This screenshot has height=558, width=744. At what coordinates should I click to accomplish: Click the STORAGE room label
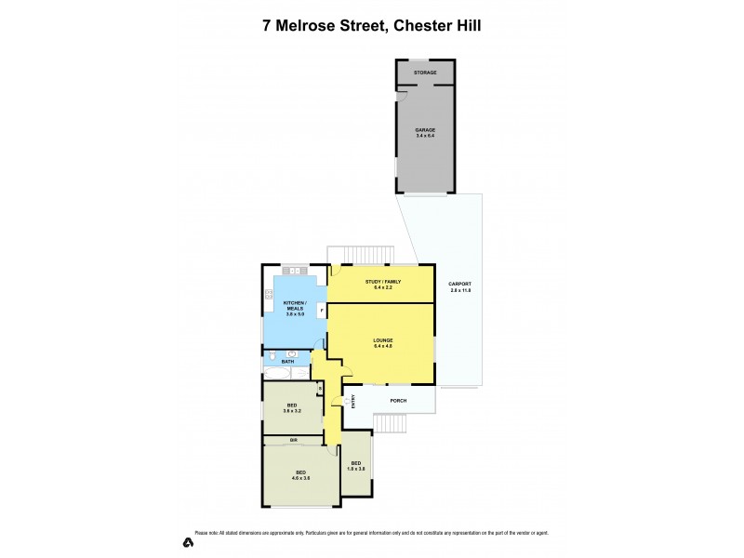pyautogui.click(x=425, y=72)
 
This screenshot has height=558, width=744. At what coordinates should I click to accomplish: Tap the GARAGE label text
pyautogui.click(x=425, y=130)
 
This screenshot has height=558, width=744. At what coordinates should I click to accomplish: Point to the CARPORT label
pyautogui.click(x=459, y=284)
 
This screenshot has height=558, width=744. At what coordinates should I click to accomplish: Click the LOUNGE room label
pyautogui.click(x=383, y=340)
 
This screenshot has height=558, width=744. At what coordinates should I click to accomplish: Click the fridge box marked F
pyautogui.click(x=322, y=309)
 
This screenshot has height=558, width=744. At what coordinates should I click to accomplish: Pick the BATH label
pyautogui.click(x=274, y=361)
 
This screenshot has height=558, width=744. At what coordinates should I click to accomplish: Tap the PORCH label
pyautogui.click(x=397, y=401)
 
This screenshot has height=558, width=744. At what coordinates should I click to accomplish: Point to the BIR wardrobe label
pyautogui.click(x=292, y=438)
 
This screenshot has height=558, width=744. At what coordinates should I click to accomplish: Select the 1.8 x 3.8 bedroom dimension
pyautogui.click(x=356, y=467)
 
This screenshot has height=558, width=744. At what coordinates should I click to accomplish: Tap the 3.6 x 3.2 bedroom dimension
pyautogui.click(x=291, y=410)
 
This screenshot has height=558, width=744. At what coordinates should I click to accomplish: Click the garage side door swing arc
pyautogui.click(x=401, y=96)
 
